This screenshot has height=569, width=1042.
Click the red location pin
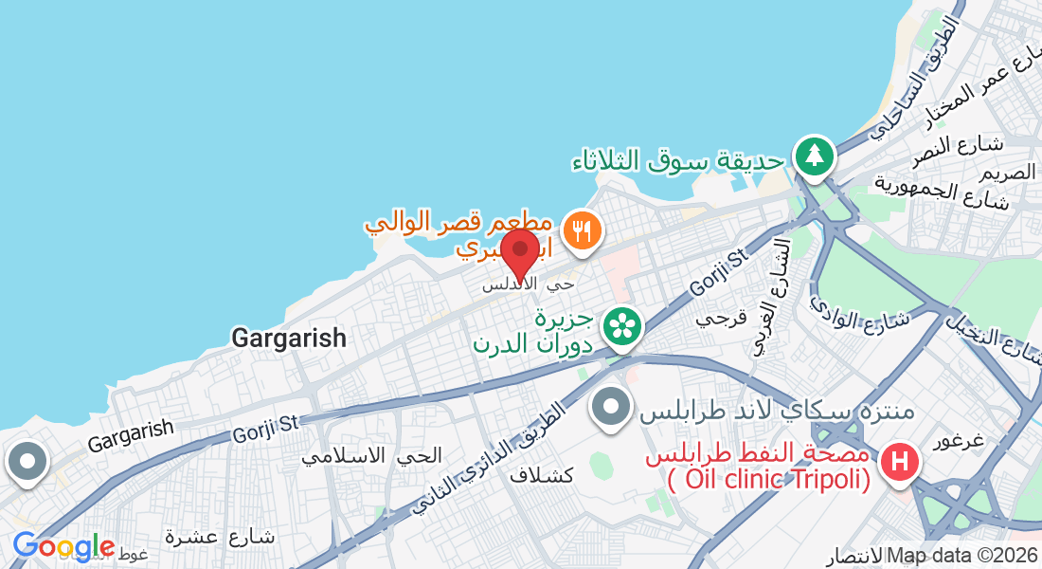pos(519,251)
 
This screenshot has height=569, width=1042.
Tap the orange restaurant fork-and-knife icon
pos(582,230)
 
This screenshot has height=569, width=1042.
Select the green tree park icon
pos(814,155)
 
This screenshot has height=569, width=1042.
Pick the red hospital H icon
pos(900,463)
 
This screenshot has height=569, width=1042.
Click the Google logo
pos(63,547)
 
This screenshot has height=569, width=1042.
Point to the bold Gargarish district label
pos(289,338)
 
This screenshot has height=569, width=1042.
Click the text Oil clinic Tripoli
pos(768,480)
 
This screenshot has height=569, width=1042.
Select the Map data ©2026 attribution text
pos(961,556)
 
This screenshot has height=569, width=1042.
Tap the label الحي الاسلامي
pos(372,455)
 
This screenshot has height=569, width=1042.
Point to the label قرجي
pos(723,317)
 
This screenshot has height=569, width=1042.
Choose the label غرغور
pos(960,442)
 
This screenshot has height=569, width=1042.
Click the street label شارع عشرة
pos(219,537)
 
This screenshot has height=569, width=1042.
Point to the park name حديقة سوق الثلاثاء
pos(679,160)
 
